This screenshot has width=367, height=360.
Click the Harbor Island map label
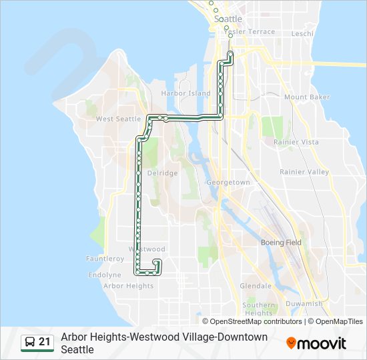pos(186,94)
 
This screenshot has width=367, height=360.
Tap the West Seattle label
pos(119,119)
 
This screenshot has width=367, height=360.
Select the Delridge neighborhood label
pos(162,173)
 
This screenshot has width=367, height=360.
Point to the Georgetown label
pos(228,183)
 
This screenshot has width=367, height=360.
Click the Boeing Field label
pos(281,243)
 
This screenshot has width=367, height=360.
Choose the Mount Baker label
pos(307,97)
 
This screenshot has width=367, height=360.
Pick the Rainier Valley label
pos(304,172)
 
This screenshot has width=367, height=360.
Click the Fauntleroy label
pos(105,259)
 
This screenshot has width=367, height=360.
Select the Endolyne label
pos(104,275)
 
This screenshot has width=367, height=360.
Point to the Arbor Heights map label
pos(128,286)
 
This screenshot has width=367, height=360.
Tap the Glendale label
pos(256,286)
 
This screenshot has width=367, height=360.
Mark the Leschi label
pos(302,33)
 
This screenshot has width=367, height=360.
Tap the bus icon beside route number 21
pos(30,343)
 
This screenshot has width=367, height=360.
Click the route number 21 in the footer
pos(45,343)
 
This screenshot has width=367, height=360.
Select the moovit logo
pos(316,343)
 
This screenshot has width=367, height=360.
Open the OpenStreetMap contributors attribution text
pos(256,321)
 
